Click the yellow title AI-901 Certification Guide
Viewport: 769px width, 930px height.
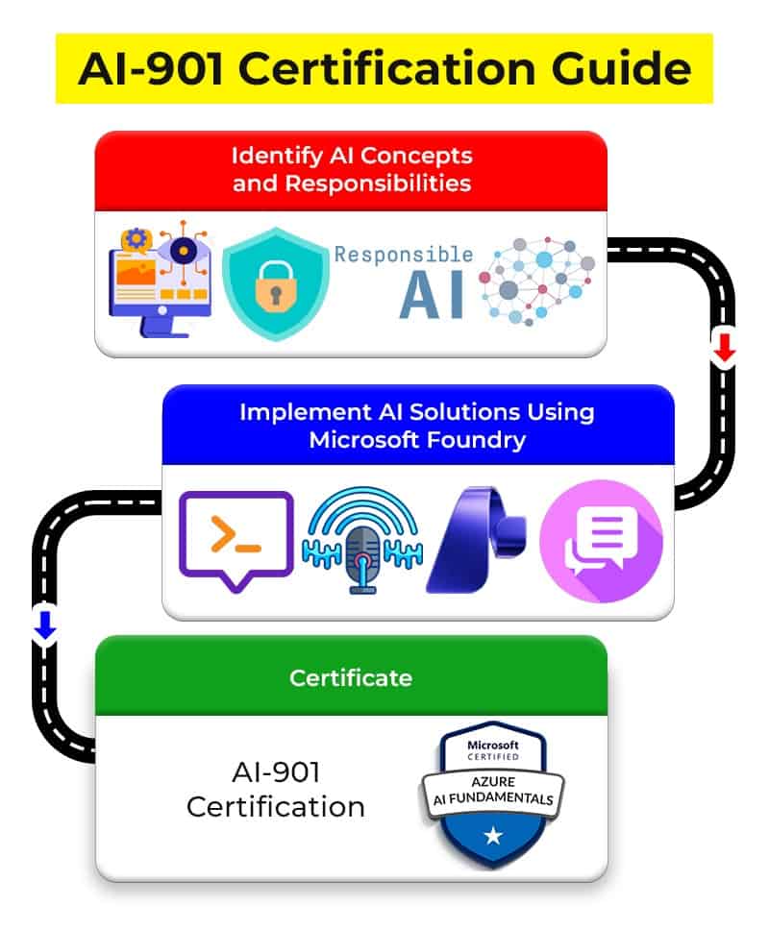point(384,68)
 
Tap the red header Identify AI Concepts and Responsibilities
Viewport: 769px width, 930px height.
point(351,168)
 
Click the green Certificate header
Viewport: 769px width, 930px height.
point(351,677)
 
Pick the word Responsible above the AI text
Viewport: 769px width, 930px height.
point(404,255)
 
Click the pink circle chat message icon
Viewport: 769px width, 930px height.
point(601,541)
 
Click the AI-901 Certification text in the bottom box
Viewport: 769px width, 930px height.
point(275,790)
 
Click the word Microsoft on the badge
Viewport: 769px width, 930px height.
point(492,745)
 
